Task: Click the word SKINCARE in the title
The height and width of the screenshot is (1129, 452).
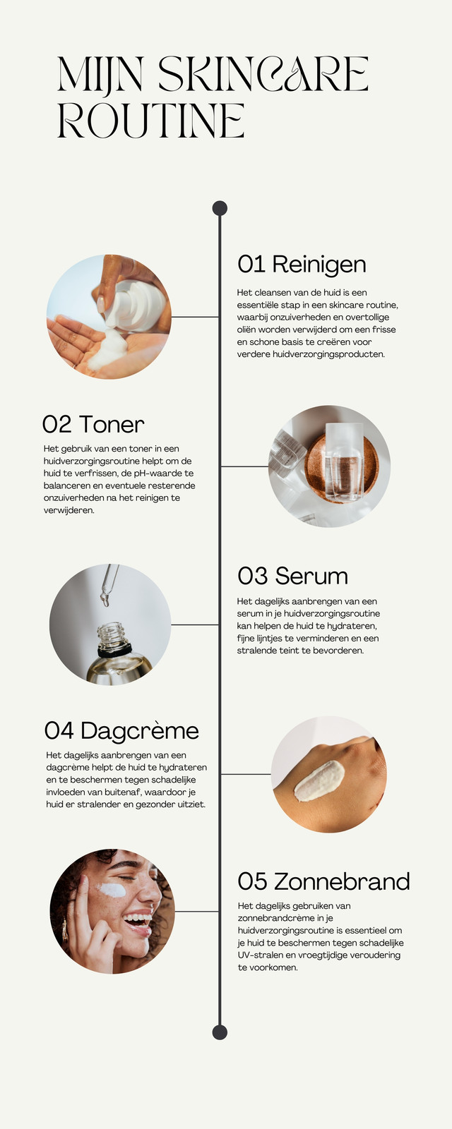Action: [x=263, y=74]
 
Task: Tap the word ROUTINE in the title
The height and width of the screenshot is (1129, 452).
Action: [x=151, y=121]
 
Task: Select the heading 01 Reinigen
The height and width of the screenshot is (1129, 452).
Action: [x=302, y=265]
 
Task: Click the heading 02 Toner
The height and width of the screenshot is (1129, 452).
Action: [x=93, y=424]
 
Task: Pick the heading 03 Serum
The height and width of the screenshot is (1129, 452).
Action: [x=292, y=576]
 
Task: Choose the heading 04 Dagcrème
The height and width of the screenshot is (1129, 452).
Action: [x=121, y=731]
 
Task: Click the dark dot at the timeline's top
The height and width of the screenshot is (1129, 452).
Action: [x=220, y=208]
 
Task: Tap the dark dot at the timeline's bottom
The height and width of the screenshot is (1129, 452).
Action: [x=220, y=1032]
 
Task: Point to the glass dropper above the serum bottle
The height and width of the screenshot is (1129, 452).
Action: [x=109, y=584]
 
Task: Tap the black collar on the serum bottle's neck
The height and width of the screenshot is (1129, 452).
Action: [x=114, y=650]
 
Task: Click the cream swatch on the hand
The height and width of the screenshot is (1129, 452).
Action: [x=319, y=780]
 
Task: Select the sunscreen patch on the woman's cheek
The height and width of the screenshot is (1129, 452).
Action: [x=112, y=890]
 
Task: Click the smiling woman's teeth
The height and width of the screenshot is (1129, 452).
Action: [x=137, y=919]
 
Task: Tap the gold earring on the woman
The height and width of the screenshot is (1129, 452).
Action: [x=64, y=931]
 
